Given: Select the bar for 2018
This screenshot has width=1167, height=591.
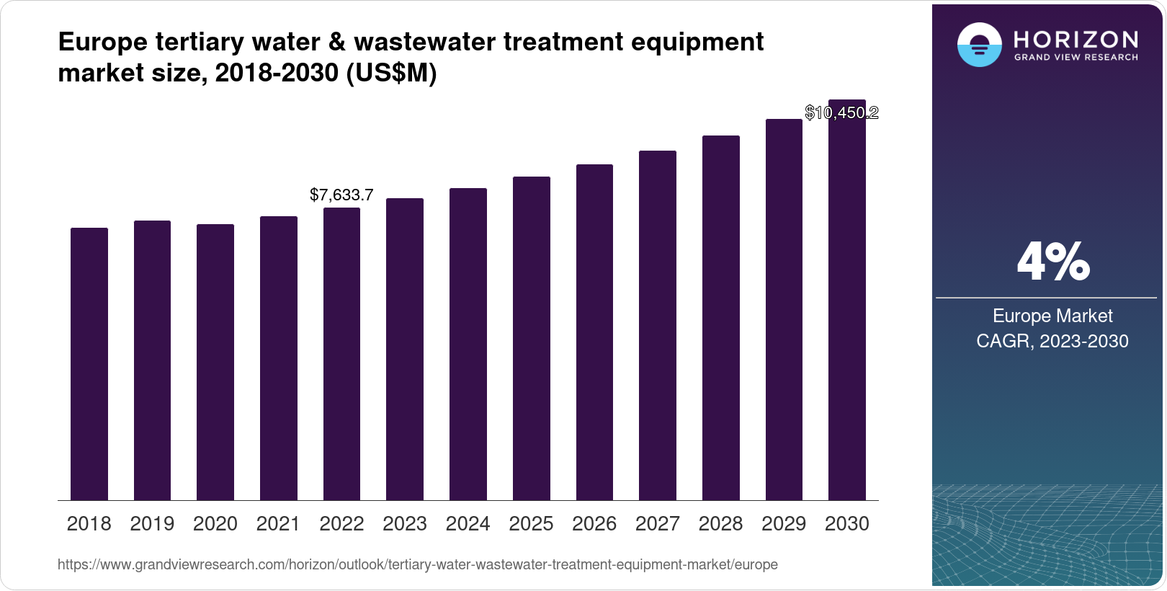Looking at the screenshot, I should [x=89, y=364].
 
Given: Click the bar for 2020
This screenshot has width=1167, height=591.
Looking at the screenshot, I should [x=215, y=362].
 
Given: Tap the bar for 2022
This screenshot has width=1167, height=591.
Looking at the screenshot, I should [x=341, y=354].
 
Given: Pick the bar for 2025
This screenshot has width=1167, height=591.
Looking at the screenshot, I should [x=531, y=338].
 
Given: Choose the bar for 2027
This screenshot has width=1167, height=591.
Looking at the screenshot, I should [x=657, y=325].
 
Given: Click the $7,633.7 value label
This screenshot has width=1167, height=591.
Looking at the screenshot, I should [x=341, y=195].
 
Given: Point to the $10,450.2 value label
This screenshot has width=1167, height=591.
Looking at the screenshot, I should [x=841, y=112].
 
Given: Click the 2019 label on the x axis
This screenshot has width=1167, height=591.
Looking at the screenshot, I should [x=152, y=524].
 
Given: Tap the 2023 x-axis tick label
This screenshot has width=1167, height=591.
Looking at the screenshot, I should [x=404, y=524].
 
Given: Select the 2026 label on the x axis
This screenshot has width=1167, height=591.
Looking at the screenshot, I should [x=594, y=524].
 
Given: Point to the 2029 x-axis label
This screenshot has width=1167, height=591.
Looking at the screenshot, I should [x=783, y=524].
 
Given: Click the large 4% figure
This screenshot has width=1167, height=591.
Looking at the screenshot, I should [x=1052, y=262].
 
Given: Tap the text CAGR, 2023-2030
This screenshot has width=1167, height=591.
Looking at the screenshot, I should [x=1052, y=341].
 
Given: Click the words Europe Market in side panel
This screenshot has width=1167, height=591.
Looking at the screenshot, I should [x=1052, y=316].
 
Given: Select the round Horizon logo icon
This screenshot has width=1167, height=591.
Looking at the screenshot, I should [x=979, y=45].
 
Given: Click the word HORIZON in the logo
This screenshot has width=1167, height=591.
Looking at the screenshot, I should [x=1076, y=39].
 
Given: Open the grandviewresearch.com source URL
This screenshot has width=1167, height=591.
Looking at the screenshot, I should [x=417, y=564].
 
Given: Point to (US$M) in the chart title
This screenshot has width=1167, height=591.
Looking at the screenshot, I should [x=391, y=73].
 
